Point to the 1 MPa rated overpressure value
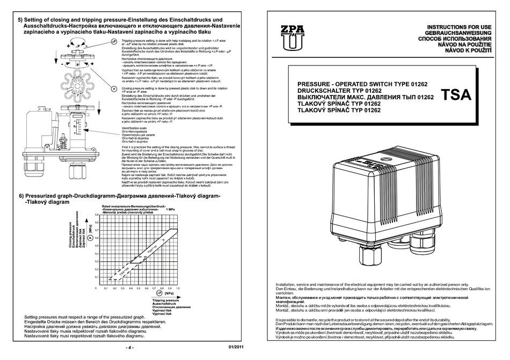(170, 209)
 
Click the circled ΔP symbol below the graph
(159, 293)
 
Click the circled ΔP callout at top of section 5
(114, 41)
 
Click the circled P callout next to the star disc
(114, 87)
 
